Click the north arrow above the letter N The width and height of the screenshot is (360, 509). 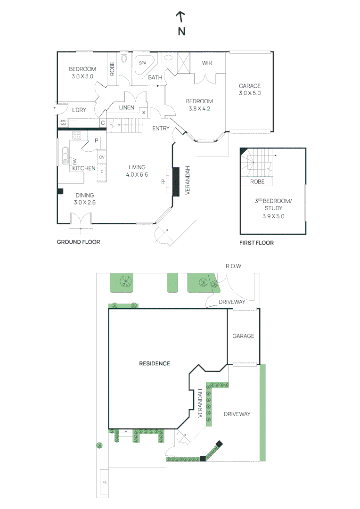tap(180, 17)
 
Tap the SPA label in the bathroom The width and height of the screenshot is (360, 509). tap(142, 62)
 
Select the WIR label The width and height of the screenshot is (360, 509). tap(207, 63)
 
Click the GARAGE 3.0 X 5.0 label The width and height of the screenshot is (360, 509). tap(249, 90)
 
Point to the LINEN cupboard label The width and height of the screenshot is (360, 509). tap(126, 107)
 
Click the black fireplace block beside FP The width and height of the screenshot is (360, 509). tap(177, 181)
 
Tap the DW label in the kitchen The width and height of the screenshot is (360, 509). tap(74, 161)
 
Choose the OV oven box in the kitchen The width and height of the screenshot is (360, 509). tap(101, 157)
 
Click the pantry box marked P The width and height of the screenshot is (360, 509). tap(96, 140)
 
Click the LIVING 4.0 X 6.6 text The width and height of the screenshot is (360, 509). tap(137, 171)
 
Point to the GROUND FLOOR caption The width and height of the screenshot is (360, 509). tap(78, 242)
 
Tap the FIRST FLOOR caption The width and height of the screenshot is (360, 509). tap(256, 243)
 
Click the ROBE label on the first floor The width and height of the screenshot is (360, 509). tap(257, 181)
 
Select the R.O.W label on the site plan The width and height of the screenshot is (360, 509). tap(233, 266)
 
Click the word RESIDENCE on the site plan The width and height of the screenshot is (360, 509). tap(154, 363)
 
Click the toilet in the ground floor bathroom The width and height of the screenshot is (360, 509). tap(124, 58)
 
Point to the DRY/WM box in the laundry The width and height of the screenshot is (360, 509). tap(63, 123)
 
